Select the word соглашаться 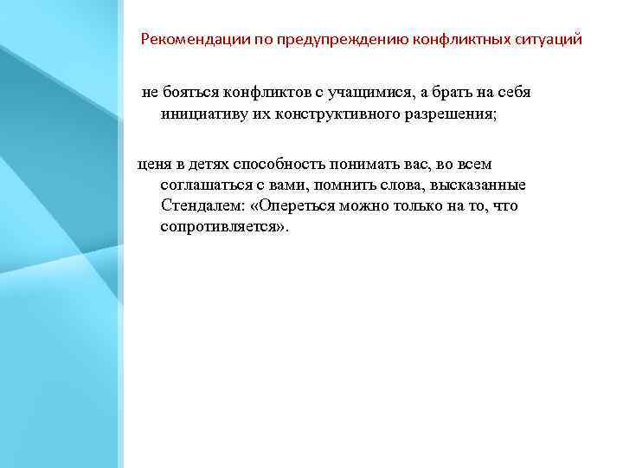[x=208, y=185]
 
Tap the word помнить [x=343, y=185]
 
